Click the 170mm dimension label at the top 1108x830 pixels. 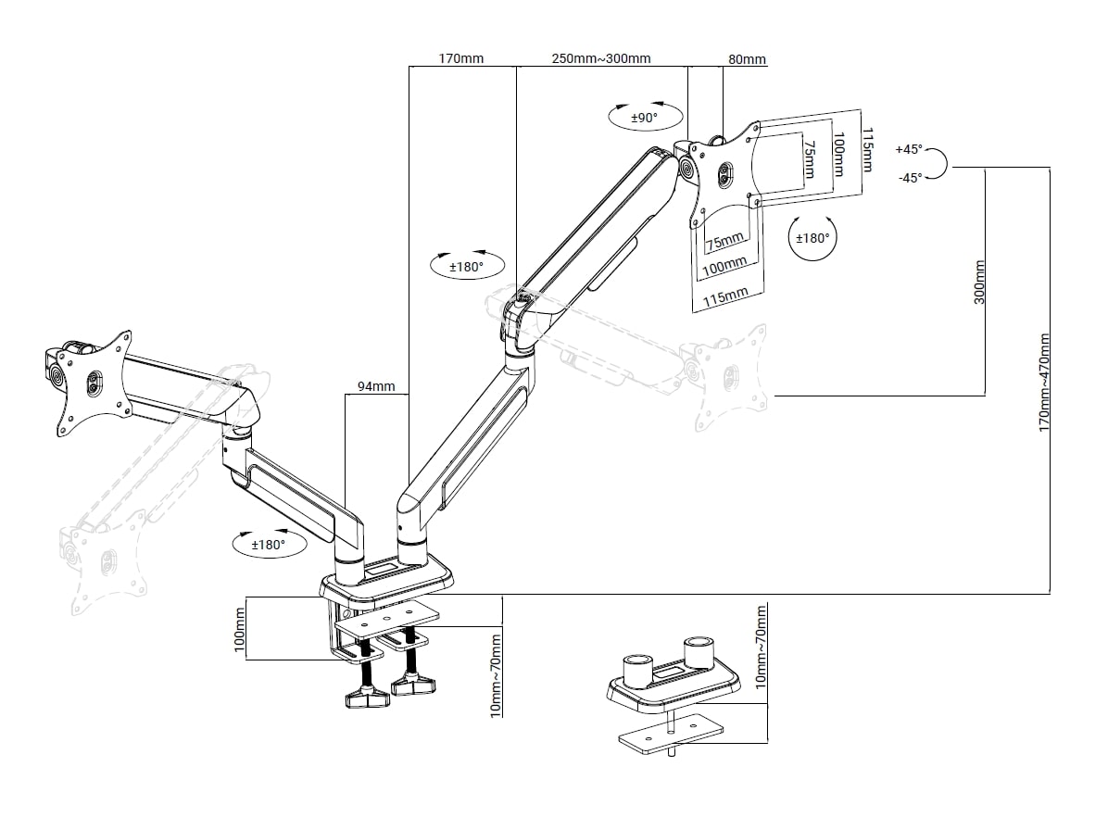coord(460,59)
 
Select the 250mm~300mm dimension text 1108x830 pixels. coord(601,59)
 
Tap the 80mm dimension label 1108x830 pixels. coord(747,60)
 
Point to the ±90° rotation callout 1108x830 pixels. coord(644,118)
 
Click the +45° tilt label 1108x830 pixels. coord(909,149)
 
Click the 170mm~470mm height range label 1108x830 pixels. coord(1044,383)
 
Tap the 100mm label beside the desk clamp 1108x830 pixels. coord(239,629)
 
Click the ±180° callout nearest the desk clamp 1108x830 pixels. coord(268,545)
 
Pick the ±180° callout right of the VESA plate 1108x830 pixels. coord(812,238)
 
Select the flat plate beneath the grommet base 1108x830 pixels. coord(670,736)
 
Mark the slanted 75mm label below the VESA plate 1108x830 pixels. coord(724,243)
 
